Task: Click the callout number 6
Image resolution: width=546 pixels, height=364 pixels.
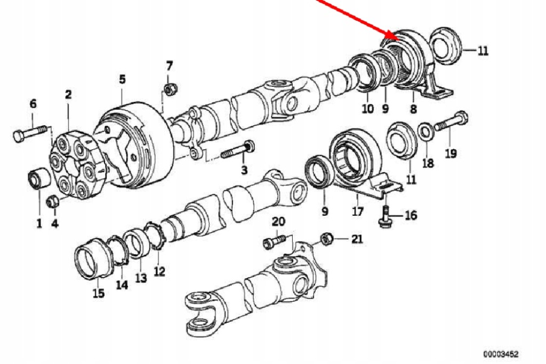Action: [x=33, y=103]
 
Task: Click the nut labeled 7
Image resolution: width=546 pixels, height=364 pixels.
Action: [x=171, y=88]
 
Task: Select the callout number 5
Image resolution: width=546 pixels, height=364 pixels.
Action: [x=122, y=79]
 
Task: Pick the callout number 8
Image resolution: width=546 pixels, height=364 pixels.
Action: [x=412, y=109]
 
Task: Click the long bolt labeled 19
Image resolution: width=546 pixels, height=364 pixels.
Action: [x=451, y=123]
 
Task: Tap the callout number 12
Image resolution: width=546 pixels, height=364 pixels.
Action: [x=159, y=271]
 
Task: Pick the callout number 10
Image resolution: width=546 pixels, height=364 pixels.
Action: [x=367, y=109]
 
